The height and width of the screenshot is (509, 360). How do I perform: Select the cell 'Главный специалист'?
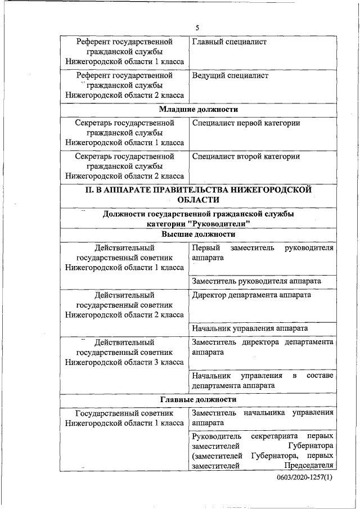229,42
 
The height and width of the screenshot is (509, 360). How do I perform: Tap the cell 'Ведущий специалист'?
230,75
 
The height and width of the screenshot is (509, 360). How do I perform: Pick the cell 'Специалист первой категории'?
246,123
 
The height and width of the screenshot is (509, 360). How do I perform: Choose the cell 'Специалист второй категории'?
246,156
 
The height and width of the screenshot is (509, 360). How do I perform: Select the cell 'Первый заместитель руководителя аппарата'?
262,253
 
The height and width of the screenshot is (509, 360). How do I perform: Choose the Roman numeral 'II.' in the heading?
89,190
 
